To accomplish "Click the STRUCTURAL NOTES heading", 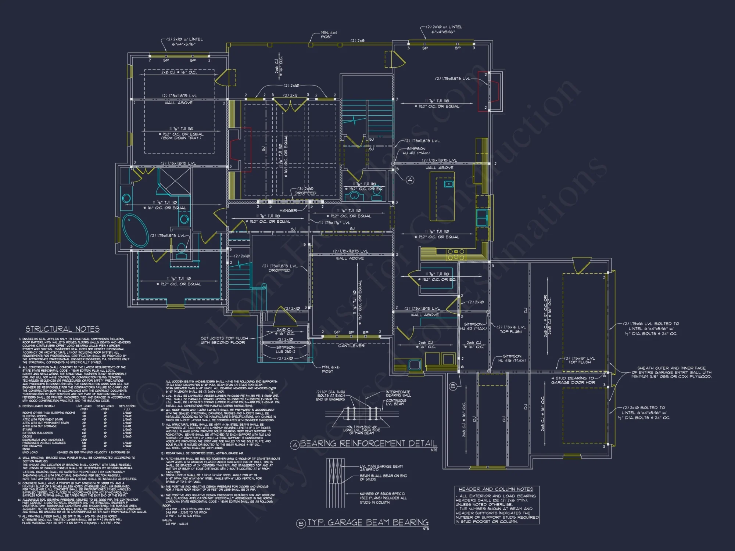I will pyautogui.click(x=62, y=329).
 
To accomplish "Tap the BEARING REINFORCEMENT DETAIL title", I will pyautogui.click(x=368, y=444).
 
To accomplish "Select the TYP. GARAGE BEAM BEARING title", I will pyautogui.click(x=367, y=523).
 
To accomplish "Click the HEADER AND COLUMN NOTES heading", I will pyautogui.click(x=496, y=489).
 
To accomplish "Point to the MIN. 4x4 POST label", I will pyautogui.click(x=328, y=35).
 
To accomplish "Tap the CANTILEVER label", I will pyautogui.click(x=351, y=346).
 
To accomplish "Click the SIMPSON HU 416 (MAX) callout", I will pyautogui.click(x=512, y=358).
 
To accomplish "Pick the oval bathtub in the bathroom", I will pyautogui.click(x=135, y=230).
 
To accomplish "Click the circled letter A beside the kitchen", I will pyautogui.click(x=410, y=180).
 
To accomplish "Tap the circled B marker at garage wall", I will pyautogui.click(x=453, y=386).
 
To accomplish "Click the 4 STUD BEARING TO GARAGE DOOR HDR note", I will pyautogui.click(x=573, y=380).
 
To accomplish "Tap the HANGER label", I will pyautogui.click(x=288, y=210).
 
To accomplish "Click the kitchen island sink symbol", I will pyautogui.click(x=448, y=184).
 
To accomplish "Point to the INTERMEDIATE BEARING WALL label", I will pyautogui.click(x=398, y=393).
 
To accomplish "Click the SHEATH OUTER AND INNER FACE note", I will pyautogui.click(x=671, y=372).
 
